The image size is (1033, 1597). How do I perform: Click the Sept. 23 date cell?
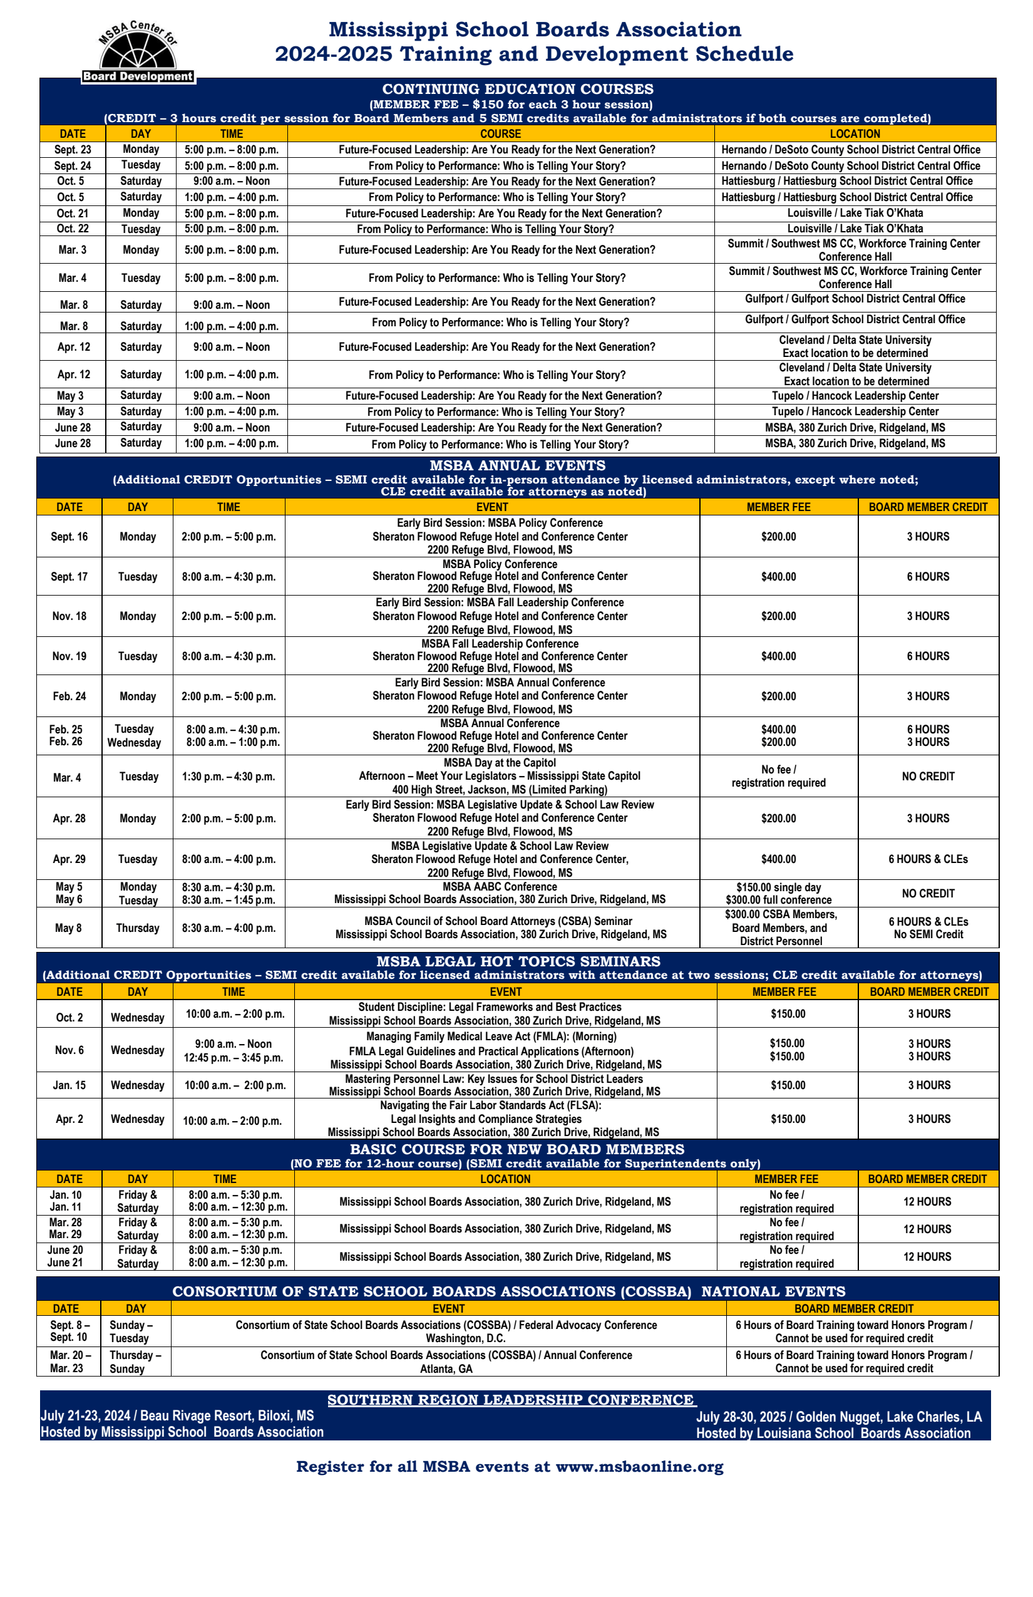pyautogui.click(x=73, y=150)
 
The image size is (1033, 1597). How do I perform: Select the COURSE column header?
pyautogui.click(x=500, y=133)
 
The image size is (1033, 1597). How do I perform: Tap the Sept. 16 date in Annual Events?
pyautogui.click(x=69, y=537)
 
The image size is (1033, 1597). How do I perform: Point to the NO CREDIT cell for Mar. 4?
pyautogui.click(x=928, y=777)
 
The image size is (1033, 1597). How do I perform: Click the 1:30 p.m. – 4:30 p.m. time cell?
pyautogui.click(x=228, y=777)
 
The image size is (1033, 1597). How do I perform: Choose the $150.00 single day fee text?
pyautogui.click(x=778, y=887)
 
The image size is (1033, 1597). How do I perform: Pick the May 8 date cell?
pyautogui.click(x=68, y=928)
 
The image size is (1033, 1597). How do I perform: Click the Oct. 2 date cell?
pyautogui.click(x=69, y=1017)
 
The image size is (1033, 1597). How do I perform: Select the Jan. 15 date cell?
pyautogui.click(x=69, y=1085)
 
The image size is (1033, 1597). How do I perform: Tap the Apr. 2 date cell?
pyautogui.click(x=69, y=1119)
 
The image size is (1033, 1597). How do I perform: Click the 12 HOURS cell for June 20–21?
pyautogui.click(x=927, y=1256)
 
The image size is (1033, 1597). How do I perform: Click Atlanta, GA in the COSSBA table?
pyautogui.click(x=446, y=1368)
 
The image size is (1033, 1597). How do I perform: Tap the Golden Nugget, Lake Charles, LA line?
pyautogui.click(x=838, y=1417)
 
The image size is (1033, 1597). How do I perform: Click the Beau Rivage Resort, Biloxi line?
pyautogui.click(x=177, y=1415)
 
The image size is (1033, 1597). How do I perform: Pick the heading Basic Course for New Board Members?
pyautogui.click(x=516, y=1149)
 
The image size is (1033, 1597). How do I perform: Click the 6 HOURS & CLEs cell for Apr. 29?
pyautogui.click(x=928, y=859)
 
